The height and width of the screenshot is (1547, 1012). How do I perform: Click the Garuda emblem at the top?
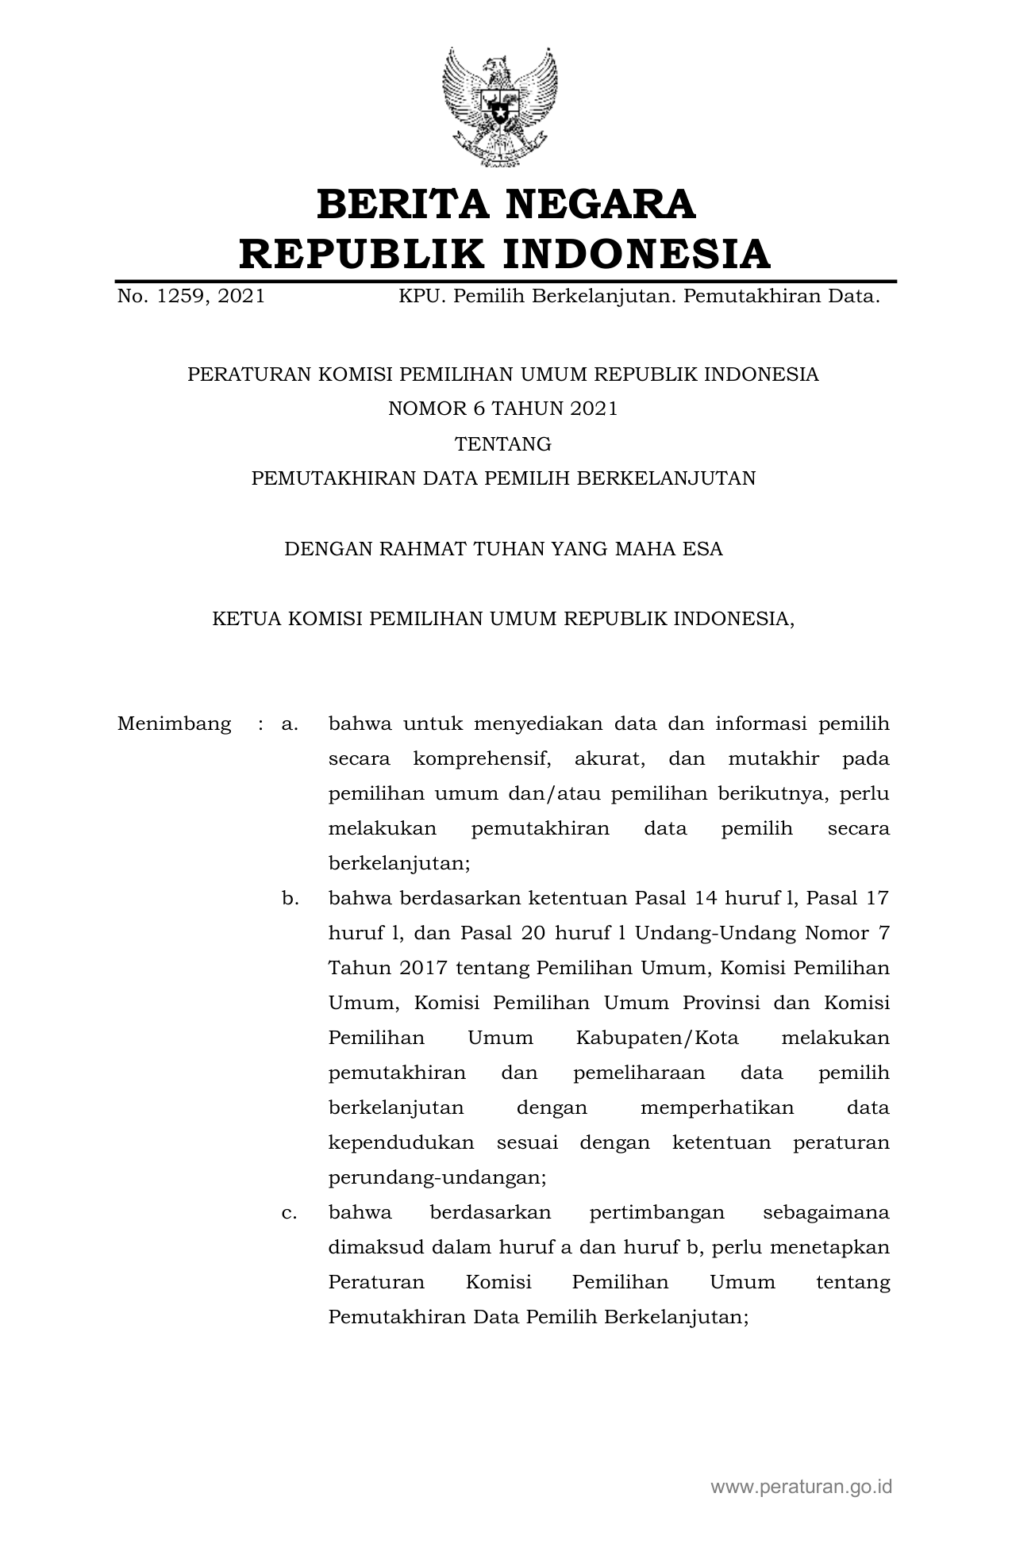(x=500, y=107)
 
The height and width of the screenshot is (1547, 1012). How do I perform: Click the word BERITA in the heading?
(x=403, y=205)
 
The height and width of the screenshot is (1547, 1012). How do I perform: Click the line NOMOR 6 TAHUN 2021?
(x=502, y=409)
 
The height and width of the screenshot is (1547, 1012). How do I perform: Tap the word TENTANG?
(x=502, y=444)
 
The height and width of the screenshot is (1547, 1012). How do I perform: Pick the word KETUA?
(x=241, y=619)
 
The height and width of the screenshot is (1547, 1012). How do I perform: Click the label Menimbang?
(x=175, y=724)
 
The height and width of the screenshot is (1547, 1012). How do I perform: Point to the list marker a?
(x=289, y=724)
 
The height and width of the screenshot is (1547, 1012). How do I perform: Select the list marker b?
(x=290, y=899)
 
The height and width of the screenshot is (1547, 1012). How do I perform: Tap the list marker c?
(x=289, y=1213)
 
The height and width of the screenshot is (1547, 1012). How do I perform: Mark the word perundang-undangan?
(x=437, y=1178)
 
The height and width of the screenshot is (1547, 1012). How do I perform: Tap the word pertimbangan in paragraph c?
(x=657, y=1213)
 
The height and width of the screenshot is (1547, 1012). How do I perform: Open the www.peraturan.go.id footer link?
(x=801, y=1487)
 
